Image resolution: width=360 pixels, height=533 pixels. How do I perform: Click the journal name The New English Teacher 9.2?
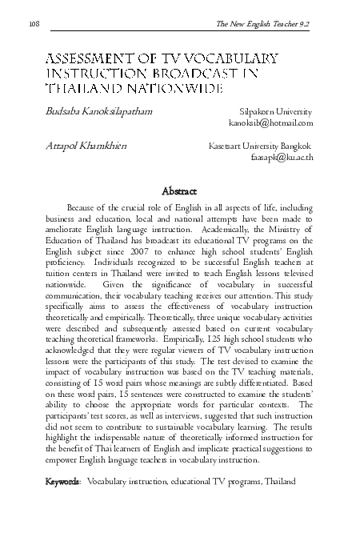click(263, 25)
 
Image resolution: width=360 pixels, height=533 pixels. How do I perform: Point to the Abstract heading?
click(180, 191)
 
